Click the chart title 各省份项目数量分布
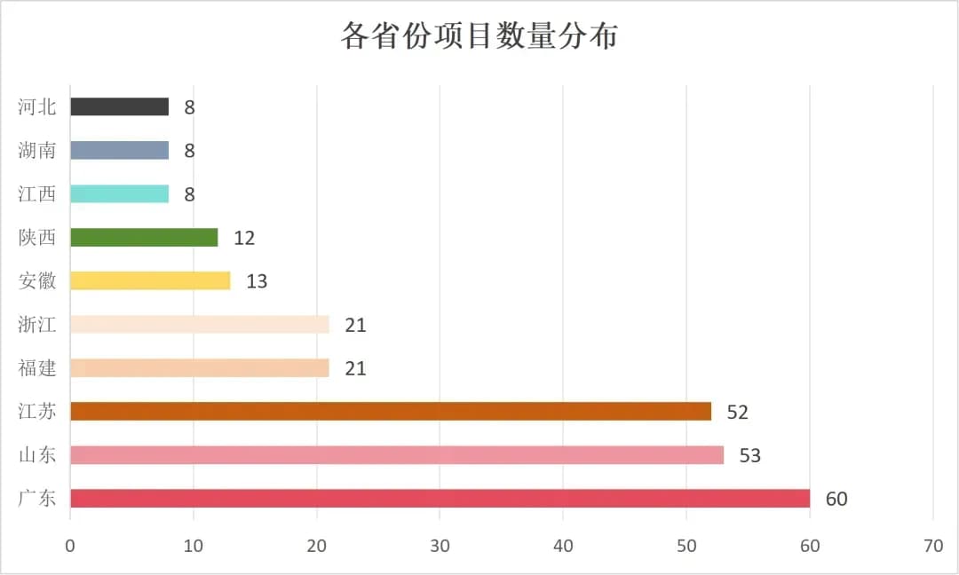point(479,36)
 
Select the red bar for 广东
point(440,499)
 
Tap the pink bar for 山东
point(397,455)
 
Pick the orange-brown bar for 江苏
point(391,412)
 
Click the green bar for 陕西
point(144,238)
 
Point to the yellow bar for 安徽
point(150,281)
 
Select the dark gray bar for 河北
point(119,106)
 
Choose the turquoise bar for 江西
point(119,193)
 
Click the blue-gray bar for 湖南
point(119,150)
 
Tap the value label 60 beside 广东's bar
point(836,500)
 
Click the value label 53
point(750,456)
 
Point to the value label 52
point(738,413)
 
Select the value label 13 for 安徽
point(257,282)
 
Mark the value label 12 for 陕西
point(244,239)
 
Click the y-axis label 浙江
point(37,325)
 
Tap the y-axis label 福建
point(37,368)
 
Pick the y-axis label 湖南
point(37,150)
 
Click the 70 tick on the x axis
point(933,547)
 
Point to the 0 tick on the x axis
point(70,547)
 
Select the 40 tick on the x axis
point(563,547)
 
